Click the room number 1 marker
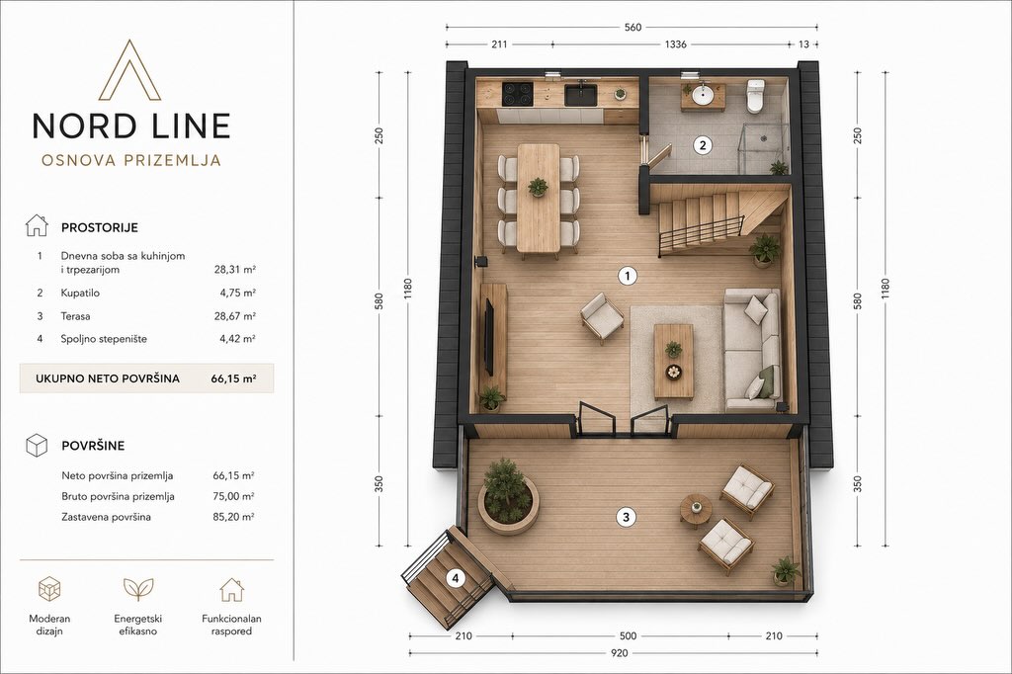coord(627,277)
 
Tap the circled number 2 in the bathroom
coord(703,145)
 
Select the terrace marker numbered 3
coord(626,517)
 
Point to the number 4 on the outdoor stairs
coord(456,578)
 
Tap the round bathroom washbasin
coord(703,96)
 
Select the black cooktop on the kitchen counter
coord(518,94)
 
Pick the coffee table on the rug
coord(673,362)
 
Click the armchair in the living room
coord(602,317)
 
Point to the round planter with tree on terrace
coord(508,496)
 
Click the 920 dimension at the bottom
coord(619,653)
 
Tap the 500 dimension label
coord(628,635)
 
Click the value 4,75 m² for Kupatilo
coord(237,294)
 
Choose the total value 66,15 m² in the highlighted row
coord(233,379)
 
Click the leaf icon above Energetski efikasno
coord(138,589)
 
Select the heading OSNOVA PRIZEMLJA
coord(131,160)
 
